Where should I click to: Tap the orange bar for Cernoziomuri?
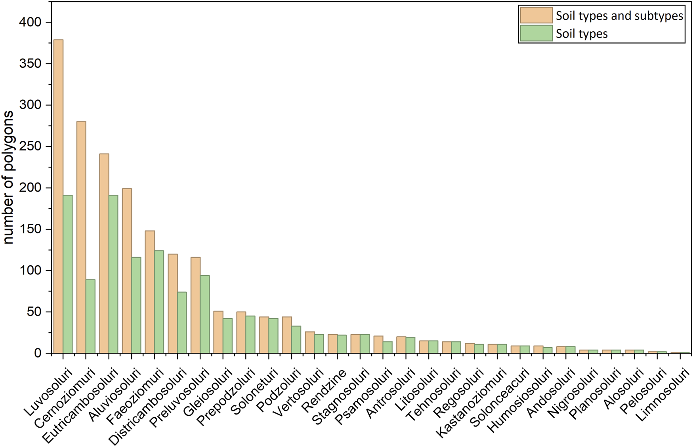coord(81,238)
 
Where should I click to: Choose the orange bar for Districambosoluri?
coord(173,303)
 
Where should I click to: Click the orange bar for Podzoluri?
coord(287,335)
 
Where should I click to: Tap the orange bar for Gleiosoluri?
coord(218,332)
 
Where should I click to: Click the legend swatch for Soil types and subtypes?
coord(536,15)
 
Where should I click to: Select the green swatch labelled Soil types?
coord(536,33)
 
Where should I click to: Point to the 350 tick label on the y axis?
coord(30,63)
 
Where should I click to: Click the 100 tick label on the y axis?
coord(30,270)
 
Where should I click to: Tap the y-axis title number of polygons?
coord(9,177)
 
